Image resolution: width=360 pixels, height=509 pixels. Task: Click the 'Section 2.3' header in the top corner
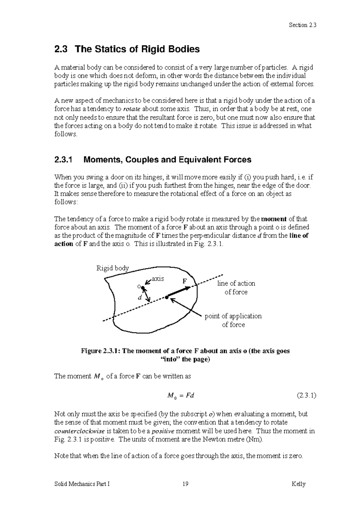302,25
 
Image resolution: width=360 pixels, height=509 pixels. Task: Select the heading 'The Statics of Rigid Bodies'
137,49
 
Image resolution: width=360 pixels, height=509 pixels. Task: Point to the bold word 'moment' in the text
274,219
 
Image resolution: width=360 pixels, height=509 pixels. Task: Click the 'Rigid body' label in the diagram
112,268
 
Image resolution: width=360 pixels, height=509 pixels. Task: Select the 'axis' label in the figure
158,279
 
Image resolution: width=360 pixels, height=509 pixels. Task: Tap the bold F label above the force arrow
185,281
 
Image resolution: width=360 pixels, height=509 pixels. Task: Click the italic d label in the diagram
139,298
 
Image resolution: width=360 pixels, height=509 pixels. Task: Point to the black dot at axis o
143,288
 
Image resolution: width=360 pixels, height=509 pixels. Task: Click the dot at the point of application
166,297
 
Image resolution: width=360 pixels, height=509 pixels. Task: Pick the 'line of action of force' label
236,288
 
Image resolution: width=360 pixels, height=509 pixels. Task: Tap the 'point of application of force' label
233,320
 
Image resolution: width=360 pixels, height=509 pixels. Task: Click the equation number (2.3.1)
306,395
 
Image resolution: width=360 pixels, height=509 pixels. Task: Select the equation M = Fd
180,396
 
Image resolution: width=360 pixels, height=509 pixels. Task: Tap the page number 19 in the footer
185,484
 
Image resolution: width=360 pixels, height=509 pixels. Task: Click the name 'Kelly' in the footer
298,484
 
